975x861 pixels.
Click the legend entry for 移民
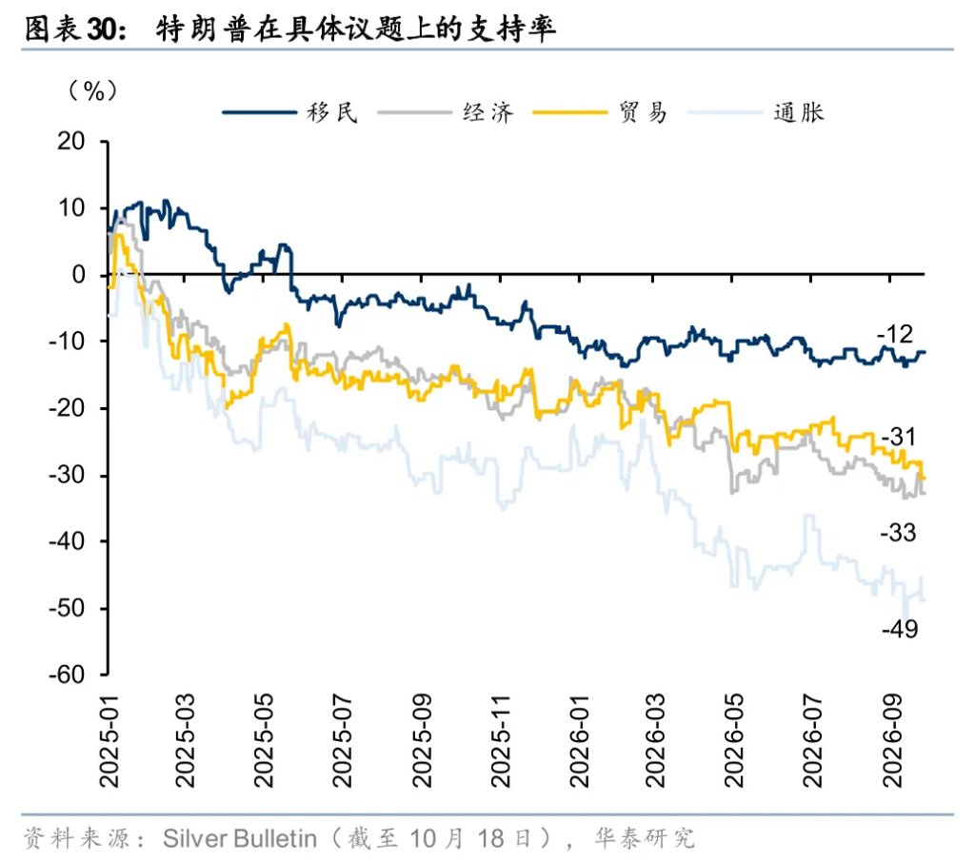290,112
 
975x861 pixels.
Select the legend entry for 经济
446,112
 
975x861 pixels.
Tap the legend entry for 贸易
601,112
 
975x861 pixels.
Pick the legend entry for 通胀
757,112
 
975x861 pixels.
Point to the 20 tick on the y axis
70,141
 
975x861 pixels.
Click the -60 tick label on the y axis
67,675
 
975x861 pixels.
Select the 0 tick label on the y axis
79,274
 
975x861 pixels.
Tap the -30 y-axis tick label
67,475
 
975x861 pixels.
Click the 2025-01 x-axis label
109,742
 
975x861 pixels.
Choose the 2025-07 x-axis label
343,742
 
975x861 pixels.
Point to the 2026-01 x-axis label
580,742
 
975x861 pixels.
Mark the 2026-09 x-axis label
893,742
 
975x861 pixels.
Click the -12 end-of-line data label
895,334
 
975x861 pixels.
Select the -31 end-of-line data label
899,437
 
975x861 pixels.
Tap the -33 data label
899,533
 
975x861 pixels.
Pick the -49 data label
900,629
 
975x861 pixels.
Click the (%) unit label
92,90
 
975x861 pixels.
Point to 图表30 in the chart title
75,29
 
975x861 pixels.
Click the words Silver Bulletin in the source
240,838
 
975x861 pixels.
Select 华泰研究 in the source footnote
645,838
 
